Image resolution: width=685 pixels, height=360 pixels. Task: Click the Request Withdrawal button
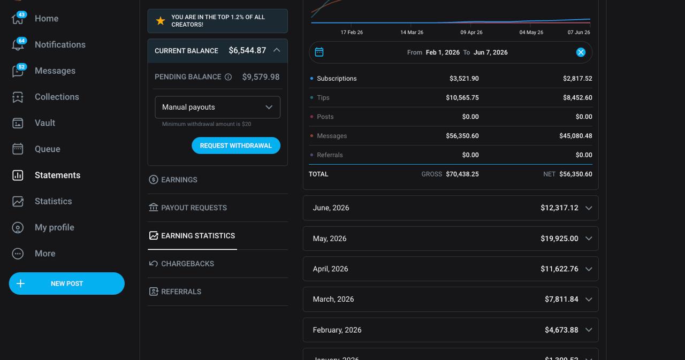pos(236,145)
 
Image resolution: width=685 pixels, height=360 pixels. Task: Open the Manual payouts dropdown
pos(217,108)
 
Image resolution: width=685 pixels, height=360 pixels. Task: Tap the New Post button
pos(67,284)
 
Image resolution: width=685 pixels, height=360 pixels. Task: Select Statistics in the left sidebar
pos(53,201)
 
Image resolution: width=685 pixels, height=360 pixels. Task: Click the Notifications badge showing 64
pos(21,41)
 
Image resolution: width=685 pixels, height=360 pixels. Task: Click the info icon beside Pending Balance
pos(228,77)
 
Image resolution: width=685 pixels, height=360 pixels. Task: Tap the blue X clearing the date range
pos(581,52)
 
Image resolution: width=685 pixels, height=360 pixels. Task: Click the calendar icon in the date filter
pos(319,52)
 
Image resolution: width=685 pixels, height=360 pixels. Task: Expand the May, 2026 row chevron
pos(589,239)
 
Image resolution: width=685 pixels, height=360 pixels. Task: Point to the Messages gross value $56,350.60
pos(462,136)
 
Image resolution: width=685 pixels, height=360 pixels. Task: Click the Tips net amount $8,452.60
pos(577,97)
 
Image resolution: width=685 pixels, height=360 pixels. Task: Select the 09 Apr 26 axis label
pos(471,33)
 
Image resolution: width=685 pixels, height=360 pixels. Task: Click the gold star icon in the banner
pos(160,21)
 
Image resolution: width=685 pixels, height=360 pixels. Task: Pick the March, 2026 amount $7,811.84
pos(561,299)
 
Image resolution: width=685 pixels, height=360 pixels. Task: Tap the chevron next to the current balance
pos(277,50)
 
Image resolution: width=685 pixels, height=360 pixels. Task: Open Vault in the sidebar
pos(44,123)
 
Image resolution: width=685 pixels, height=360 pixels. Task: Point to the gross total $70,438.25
pos(462,174)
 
